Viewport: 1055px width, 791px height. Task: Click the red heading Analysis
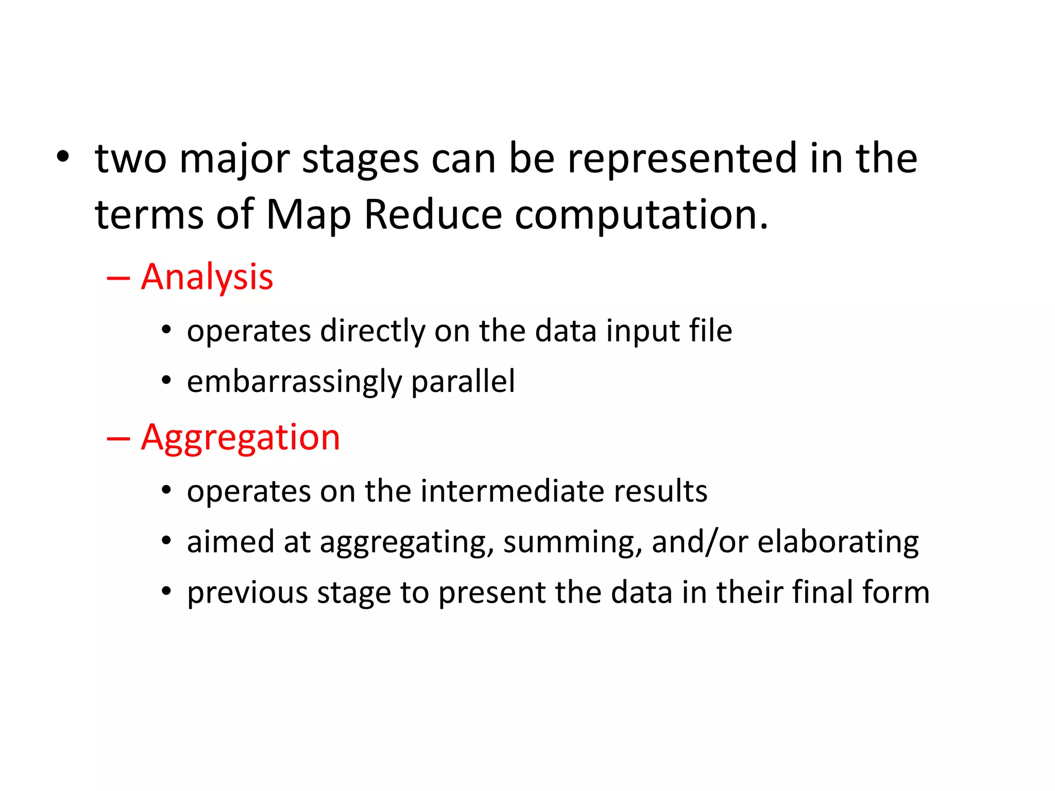[207, 277]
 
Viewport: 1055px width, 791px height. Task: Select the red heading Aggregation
[240, 438]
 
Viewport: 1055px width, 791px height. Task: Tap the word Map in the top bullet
[308, 214]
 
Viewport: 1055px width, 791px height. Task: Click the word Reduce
[433, 214]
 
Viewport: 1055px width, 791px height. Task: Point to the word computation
[640, 215]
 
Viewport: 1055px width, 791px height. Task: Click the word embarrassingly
[294, 382]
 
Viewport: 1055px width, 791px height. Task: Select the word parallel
[463, 382]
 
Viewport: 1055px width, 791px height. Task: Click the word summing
[572, 542]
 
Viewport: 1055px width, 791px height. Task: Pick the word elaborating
[838, 542]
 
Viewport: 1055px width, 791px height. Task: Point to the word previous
[247, 593]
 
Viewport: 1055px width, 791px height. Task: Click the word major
[234, 160]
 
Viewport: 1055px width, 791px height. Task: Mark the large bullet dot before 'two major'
[62, 158]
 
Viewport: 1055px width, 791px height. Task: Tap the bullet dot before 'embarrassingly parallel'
[166, 381]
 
